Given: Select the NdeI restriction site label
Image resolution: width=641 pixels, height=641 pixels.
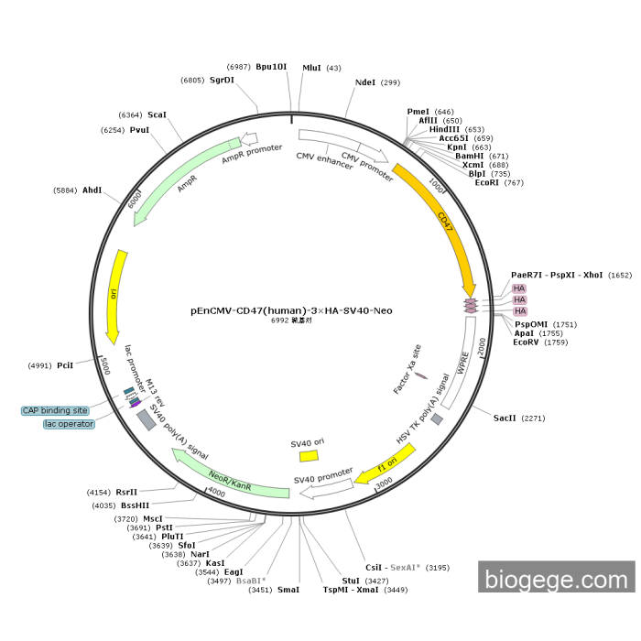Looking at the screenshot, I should [x=364, y=82].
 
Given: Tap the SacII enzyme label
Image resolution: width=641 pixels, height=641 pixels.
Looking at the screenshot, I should [x=505, y=418].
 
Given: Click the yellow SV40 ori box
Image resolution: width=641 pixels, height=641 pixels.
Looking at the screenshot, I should [x=308, y=455].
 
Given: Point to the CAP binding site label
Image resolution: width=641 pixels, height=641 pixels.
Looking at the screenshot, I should [x=56, y=410].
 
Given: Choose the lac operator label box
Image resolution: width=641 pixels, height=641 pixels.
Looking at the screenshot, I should [x=69, y=424].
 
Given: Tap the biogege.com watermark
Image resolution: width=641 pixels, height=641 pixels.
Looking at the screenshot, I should [x=556, y=579].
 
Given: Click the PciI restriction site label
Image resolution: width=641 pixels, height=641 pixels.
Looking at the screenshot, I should [x=65, y=365].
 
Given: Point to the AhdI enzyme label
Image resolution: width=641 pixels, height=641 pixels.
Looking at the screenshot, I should [x=92, y=190].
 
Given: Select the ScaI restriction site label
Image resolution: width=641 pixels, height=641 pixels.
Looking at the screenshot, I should [x=157, y=115].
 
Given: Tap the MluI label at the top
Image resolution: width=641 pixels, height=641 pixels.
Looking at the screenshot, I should [x=311, y=68].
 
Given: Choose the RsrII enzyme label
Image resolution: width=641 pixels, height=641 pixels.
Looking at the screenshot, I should [x=125, y=492].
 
